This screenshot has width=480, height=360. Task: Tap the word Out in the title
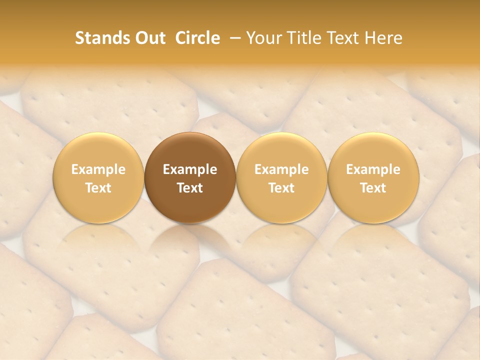point(148,38)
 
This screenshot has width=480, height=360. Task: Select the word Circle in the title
point(197,38)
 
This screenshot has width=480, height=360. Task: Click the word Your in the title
point(262,38)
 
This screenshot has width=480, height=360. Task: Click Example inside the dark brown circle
point(190,169)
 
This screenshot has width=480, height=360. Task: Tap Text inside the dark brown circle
point(190,188)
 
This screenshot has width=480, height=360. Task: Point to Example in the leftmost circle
point(98,169)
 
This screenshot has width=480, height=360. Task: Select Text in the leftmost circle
point(98,188)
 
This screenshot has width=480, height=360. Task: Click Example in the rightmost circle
point(373,169)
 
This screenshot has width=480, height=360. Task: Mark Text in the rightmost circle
point(373,188)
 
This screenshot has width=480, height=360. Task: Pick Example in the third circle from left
point(281,169)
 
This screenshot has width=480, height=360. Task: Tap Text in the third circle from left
point(281,188)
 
